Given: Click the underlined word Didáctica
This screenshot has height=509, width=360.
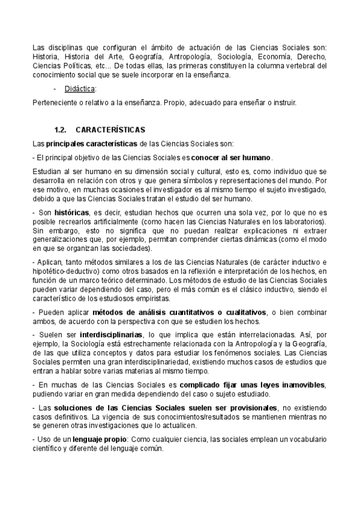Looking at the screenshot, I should click(79, 88).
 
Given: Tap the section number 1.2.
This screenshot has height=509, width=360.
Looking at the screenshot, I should click(59, 130).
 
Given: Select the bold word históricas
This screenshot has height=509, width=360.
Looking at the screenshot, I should click(71, 212).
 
